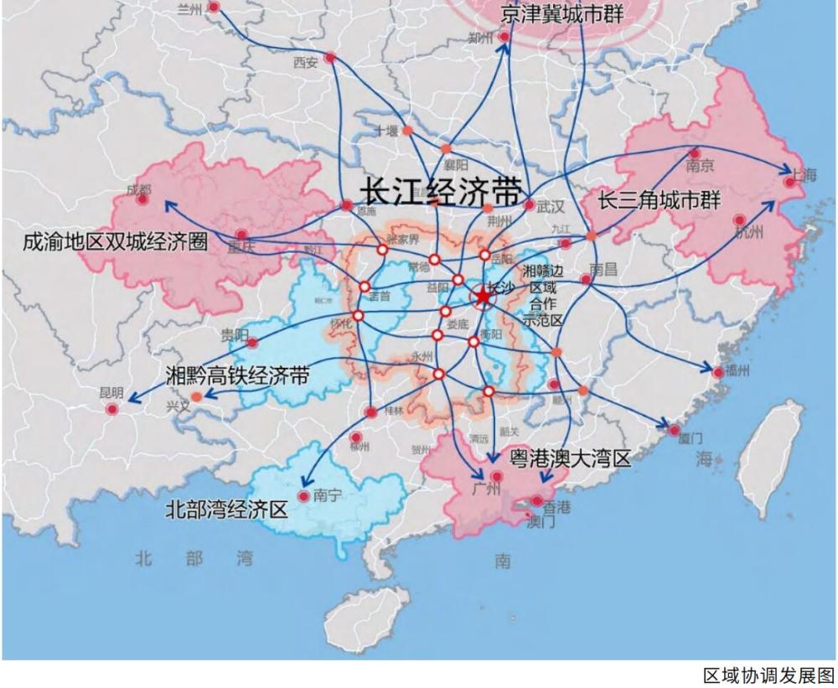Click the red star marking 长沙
(484, 297)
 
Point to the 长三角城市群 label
(660, 201)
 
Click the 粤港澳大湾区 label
(570, 458)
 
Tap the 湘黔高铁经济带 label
(237, 375)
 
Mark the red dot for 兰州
(214, 7)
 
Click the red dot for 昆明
(112, 408)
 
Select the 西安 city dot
(330, 58)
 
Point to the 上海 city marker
(789, 181)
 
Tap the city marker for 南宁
(303, 495)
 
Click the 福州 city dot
(718, 370)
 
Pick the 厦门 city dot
(675, 430)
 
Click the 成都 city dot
(142, 199)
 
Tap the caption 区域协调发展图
(768, 675)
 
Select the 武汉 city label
(551, 205)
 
